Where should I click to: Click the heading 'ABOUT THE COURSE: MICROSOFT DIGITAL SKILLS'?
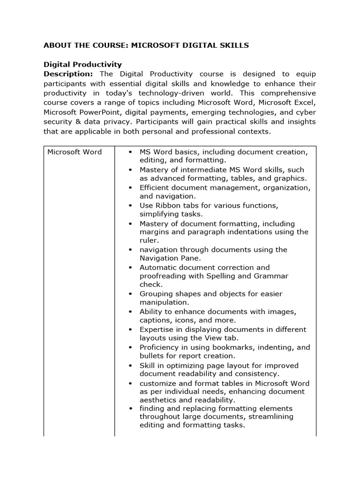(146, 45)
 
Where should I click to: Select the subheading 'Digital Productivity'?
(82, 65)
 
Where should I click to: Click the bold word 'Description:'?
(68, 74)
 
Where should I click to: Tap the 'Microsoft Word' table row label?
(75, 152)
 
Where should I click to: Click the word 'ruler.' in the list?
(150, 240)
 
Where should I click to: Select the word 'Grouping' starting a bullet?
(156, 294)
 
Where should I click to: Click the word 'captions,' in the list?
(155, 321)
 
